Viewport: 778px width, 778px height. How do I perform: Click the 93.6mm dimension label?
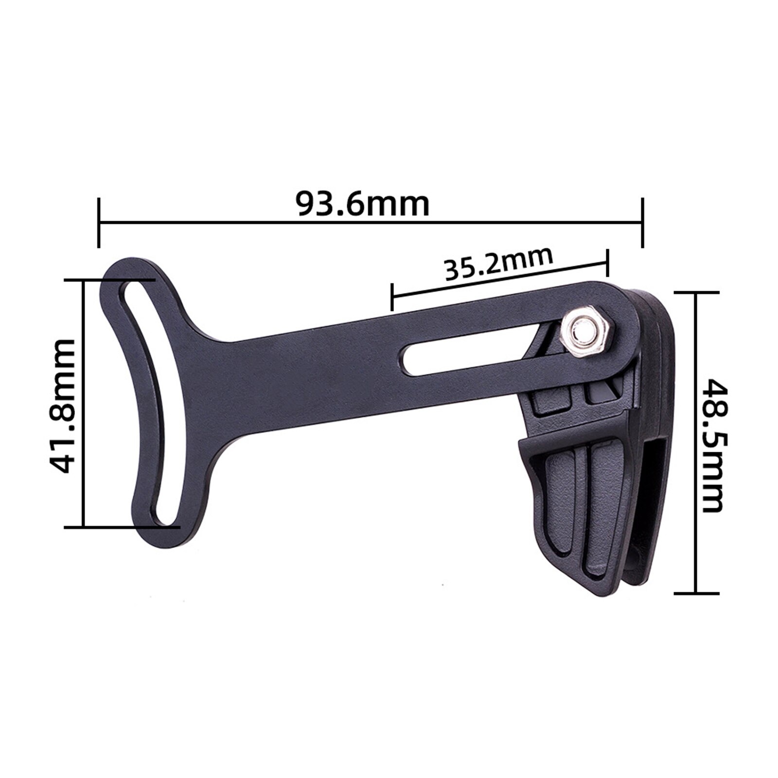pos(363,204)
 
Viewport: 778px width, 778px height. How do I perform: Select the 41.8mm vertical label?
pos(63,406)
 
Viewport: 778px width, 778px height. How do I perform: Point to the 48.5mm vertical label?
pos(714,445)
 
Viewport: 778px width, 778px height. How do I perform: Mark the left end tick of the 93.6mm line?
pos(99,223)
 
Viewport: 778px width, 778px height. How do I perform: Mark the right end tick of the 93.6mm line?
pos(643,223)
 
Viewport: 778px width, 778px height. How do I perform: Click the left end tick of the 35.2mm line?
pos(392,297)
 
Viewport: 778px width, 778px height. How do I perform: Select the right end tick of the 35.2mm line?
pos(607,263)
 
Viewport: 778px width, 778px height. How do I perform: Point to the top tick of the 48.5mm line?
pos(696,293)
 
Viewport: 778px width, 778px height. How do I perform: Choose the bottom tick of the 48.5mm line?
pos(696,593)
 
